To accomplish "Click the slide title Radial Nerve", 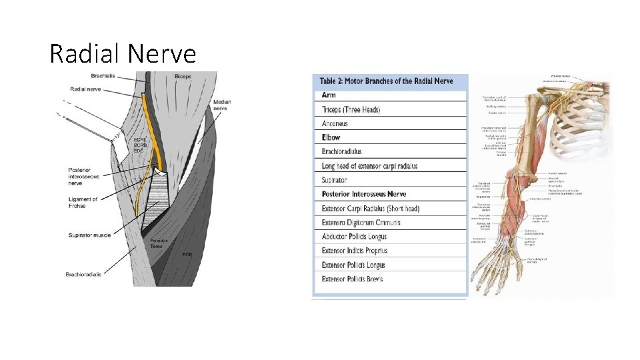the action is [123, 53].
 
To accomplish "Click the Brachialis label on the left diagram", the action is [87, 77].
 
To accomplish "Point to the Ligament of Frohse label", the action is [83, 203].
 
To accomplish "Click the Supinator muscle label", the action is [89, 235].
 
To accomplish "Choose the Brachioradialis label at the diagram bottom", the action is [84, 274].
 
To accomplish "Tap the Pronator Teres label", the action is [158, 243].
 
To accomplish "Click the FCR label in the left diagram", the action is [188, 254].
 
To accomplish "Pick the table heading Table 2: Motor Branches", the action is [387, 81].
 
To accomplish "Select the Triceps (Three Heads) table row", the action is [351, 109].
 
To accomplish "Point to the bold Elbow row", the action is [331, 137].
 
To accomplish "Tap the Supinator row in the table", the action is [335, 180].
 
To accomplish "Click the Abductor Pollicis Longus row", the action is [354, 237].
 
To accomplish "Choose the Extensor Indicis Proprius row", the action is [355, 251].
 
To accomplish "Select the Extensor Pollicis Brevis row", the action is [353, 279].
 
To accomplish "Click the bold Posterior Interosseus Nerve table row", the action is [363, 194].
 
